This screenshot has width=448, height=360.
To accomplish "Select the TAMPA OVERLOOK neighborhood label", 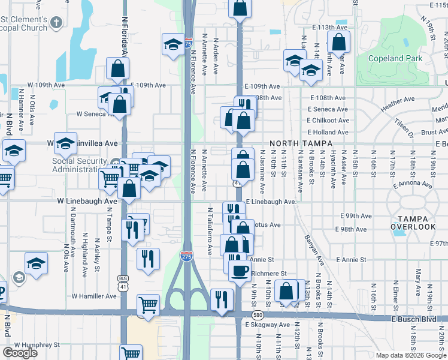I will click(413, 222).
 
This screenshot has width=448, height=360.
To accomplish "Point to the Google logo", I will click(19, 353).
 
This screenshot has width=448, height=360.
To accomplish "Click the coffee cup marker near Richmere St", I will click(240, 270).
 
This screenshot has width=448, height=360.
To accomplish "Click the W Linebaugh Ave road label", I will click(87, 202).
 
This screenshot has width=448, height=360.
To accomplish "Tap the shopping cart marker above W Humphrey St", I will click(131, 353).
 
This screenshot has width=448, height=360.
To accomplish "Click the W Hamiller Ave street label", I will click(94, 296).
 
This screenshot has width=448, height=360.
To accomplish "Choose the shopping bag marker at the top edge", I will click(240, 8).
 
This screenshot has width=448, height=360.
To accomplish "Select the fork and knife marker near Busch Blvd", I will click(222, 299).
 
